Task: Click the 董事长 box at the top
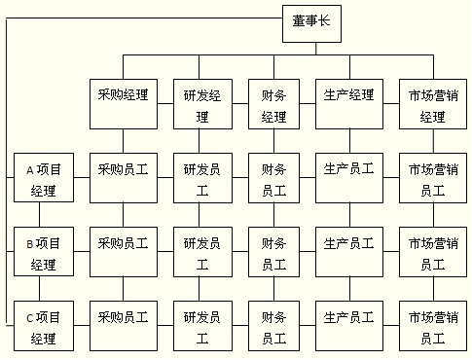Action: (311, 25)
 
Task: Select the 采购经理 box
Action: (123, 104)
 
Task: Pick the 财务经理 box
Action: (273, 104)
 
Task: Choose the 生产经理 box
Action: (348, 104)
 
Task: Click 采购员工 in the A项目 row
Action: (123, 177)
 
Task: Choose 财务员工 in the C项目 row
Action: (273, 326)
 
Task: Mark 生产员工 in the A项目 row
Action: (348, 177)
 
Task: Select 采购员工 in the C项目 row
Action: (123, 326)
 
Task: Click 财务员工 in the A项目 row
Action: (273, 177)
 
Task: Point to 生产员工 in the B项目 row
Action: (348, 252)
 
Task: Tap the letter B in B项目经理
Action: (30, 243)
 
